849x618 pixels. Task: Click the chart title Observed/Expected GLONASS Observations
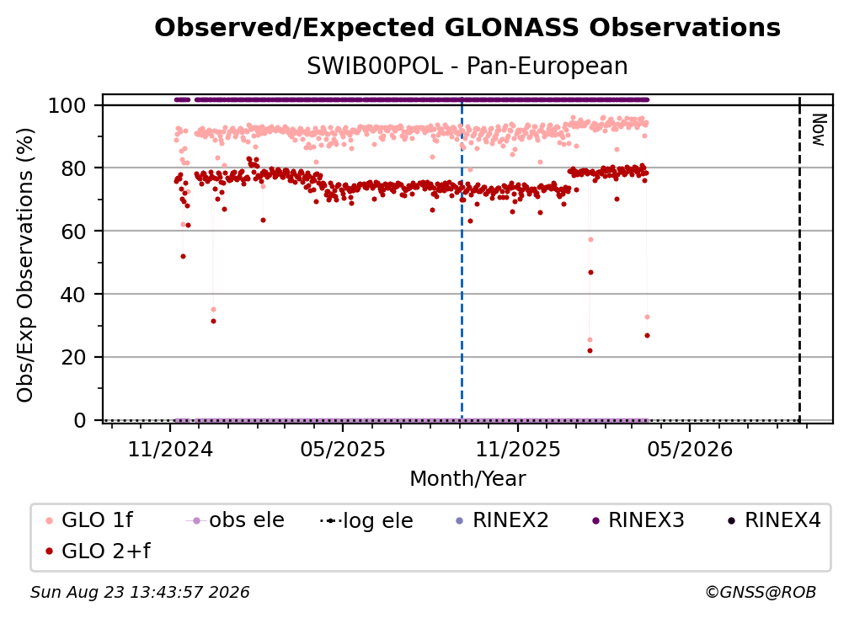[467, 28]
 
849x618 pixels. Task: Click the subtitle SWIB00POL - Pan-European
[467, 67]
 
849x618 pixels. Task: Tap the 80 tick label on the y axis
[74, 168]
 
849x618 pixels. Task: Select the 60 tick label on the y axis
[74, 232]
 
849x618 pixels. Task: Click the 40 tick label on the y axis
[74, 295]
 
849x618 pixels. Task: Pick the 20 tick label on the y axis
[74, 358]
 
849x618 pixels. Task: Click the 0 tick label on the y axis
[80, 420]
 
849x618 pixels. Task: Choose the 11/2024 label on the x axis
[170, 449]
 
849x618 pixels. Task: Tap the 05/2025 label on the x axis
[343, 449]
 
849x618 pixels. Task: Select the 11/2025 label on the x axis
[518, 449]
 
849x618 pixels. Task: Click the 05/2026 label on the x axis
[690, 449]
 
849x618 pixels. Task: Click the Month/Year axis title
[467, 479]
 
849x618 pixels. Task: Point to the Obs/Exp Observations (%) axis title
[25, 265]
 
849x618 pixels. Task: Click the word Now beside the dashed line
[819, 130]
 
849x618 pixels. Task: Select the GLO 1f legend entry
[89, 520]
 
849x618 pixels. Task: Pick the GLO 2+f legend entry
[98, 551]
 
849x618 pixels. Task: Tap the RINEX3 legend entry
[638, 520]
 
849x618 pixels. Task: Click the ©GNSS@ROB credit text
[761, 593]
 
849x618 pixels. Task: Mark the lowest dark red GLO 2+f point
[590, 350]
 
